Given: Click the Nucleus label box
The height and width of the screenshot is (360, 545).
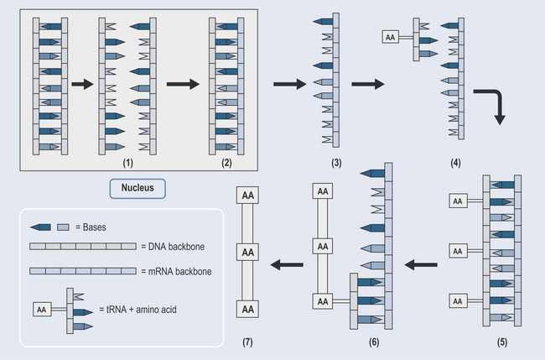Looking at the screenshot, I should pyautogui.click(x=138, y=189).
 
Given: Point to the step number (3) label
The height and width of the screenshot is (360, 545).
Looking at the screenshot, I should pyautogui.click(x=334, y=160).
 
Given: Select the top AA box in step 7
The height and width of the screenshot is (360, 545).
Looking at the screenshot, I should pyautogui.click(x=249, y=196).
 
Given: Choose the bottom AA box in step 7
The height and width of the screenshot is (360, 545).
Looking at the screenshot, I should pyautogui.click(x=249, y=310).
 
